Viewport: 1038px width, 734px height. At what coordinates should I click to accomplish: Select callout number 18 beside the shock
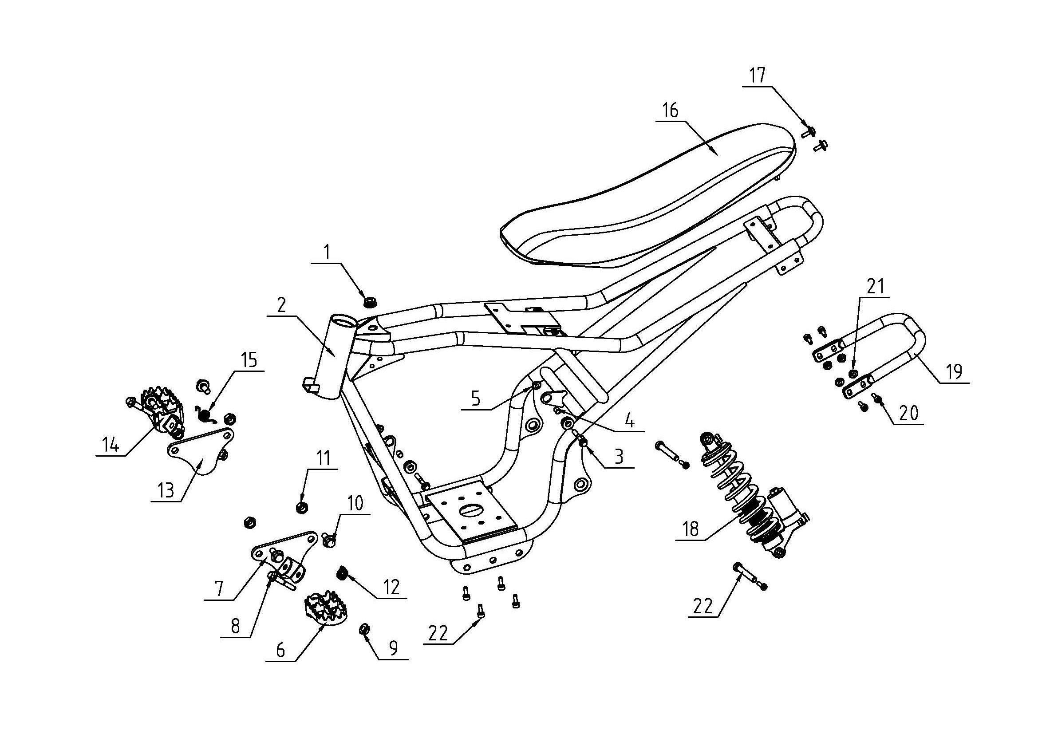pos(691,529)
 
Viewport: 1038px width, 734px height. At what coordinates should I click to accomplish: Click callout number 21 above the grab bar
pos(875,287)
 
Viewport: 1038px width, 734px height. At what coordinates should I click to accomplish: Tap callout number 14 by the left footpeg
pos(111,445)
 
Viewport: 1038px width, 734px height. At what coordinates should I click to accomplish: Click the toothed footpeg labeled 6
pos(323,608)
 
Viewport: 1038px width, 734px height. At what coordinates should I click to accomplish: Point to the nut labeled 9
pos(363,629)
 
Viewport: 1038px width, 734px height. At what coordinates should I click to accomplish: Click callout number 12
pos(391,587)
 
